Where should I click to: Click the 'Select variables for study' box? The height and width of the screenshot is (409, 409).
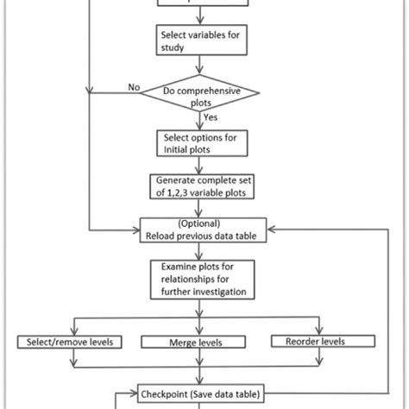200,41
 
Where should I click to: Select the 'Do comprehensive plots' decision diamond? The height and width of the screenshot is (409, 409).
200,92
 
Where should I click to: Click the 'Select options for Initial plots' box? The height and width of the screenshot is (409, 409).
200,142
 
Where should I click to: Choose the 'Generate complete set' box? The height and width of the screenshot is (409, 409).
200,186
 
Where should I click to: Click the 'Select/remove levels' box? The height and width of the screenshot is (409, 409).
68,343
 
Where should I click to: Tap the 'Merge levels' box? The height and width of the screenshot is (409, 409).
200,343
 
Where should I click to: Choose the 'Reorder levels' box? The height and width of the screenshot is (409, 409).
320,343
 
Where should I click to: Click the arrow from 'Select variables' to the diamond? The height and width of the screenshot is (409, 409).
200,66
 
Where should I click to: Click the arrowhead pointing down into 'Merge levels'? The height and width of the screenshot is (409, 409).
200,331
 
